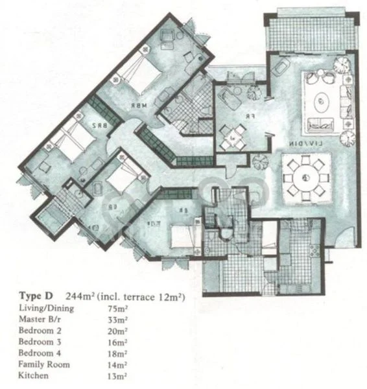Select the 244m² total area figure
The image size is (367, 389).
click(x=84, y=297)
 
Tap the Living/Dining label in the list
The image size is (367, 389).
click(x=46, y=309)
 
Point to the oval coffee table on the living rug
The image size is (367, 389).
click(x=322, y=102)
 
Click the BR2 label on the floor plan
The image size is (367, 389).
click(x=99, y=121)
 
